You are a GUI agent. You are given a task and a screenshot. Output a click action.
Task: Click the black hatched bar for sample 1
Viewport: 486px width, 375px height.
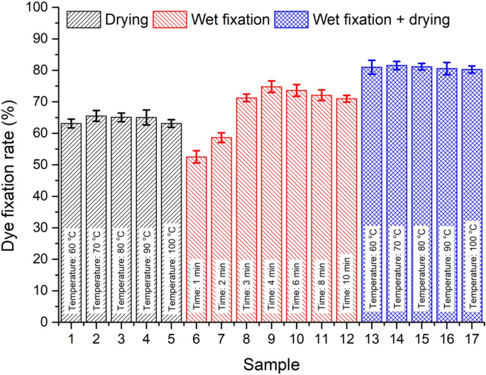(72, 177)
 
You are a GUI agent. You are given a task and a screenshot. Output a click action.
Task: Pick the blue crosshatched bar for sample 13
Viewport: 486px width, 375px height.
(371, 142)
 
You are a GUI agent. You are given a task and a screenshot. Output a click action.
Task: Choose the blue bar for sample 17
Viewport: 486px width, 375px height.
(471, 142)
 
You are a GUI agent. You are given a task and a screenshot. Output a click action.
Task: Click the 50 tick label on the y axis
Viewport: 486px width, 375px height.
(43, 165)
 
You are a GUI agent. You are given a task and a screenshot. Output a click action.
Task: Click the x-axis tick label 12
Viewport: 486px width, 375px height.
(346, 338)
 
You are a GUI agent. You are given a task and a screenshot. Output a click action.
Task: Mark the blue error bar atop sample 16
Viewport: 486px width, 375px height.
(446, 69)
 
